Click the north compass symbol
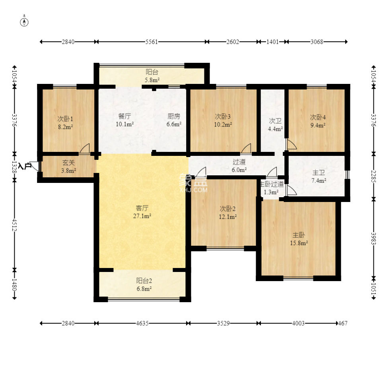pyautogui.click(x=24, y=22)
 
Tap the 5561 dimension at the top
pyautogui.click(x=151, y=42)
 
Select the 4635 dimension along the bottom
pyautogui.click(x=142, y=323)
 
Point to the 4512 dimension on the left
pyautogui.click(x=14, y=225)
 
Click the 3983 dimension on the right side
pyautogui.click(x=373, y=239)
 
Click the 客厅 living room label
pyautogui.click(x=142, y=208)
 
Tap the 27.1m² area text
pyautogui.click(x=142, y=216)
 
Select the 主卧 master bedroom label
pyautogui.click(x=299, y=235)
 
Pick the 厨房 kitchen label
pyautogui.click(x=174, y=116)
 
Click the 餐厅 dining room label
pyautogui.click(x=124, y=116)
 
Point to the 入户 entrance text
pyautogui.click(x=25, y=166)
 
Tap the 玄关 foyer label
pyautogui.click(x=68, y=163)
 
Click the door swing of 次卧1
pyautogui.click(x=85, y=149)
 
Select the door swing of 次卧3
pyautogui.click(x=246, y=149)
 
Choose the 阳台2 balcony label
pyautogui.click(x=144, y=281)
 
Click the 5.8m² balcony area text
pyautogui.click(x=152, y=80)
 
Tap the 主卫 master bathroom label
pyautogui.click(x=319, y=173)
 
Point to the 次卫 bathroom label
pyautogui.click(x=275, y=121)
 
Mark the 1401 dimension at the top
pyautogui.click(x=272, y=42)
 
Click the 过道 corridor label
pyautogui.click(x=239, y=162)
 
